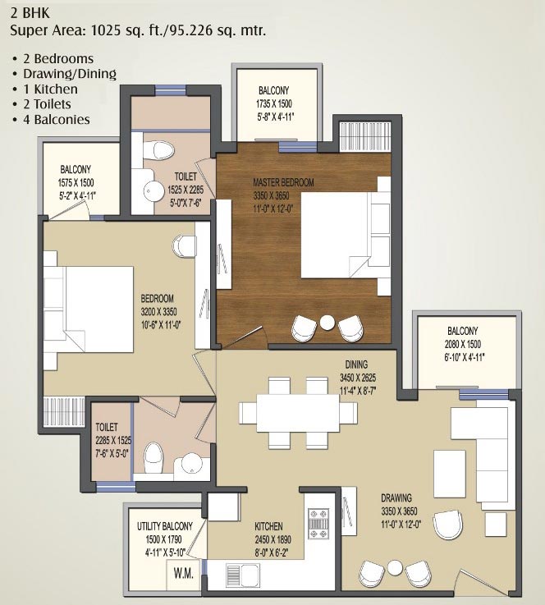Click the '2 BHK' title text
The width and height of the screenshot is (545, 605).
[30, 13]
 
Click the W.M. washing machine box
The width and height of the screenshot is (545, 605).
[184, 574]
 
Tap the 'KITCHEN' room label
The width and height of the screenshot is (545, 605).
[268, 526]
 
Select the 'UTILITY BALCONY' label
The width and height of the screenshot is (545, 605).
[164, 526]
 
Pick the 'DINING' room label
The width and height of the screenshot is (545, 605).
[356, 364]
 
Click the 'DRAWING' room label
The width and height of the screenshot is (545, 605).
[396, 497]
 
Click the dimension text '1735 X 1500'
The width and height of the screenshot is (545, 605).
[275, 104]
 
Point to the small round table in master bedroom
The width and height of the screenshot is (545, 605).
[327, 323]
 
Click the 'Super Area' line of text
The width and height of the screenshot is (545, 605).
[138, 30]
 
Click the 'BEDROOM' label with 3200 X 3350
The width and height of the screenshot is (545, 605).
[159, 298]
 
